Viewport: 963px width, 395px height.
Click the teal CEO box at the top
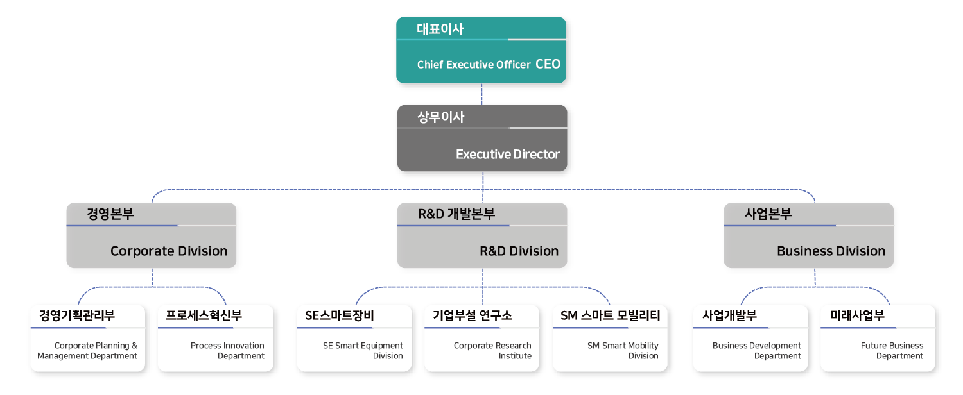pos(481,50)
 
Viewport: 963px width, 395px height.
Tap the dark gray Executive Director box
pos(482,138)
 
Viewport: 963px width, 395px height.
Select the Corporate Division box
pos(152,235)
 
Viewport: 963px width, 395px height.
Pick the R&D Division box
pos(482,235)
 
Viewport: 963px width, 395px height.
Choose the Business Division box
pos(808,235)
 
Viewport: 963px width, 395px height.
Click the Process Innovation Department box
pos(216,339)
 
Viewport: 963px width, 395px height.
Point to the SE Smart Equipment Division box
pos(354,339)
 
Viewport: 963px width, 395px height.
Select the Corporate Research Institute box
pos(481,339)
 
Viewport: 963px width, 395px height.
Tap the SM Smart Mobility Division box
pos(610,339)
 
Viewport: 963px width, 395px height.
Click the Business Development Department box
pos(750,339)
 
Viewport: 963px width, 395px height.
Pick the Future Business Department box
pos(878,339)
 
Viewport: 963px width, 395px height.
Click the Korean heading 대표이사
pos(440,29)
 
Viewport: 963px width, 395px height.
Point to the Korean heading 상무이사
pos(440,117)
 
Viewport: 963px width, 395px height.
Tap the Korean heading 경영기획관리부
pos(77,315)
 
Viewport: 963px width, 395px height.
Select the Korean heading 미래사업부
pos(857,315)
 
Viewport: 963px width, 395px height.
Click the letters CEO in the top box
pos(548,64)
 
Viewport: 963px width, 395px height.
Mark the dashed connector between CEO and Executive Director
pos(481,94)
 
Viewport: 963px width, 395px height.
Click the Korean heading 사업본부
pos(768,214)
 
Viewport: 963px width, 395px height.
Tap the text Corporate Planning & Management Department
pos(87,351)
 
